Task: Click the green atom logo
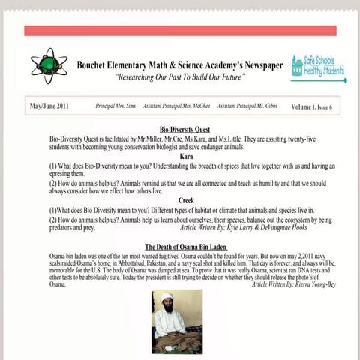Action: tap(50, 67)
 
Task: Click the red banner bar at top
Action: tap(180, 31)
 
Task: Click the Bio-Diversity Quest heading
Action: tap(180, 130)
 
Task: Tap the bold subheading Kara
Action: tap(180, 156)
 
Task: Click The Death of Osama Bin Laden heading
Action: tap(186, 245)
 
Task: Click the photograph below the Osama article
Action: tap(177, 322)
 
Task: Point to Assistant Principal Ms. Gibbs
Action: tap(247, 106)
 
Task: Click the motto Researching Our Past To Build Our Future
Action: tap(180, 77)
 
